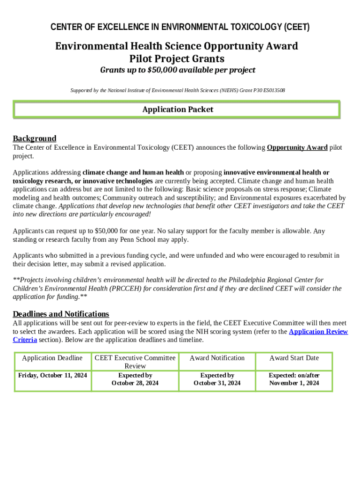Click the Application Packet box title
(x=178, y=109)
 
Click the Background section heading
(x=35, y=138)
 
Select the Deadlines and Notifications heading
(x=61, y=314)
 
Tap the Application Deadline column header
(x=52, y=358)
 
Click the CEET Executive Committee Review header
(x=135, y=362)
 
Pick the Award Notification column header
(x=217, y=358)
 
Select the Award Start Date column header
(x=294, y=358)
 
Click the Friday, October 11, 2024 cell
(x=52, y=375)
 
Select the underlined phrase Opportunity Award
(x=297, y=148)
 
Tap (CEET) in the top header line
(x=296, y=27)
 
